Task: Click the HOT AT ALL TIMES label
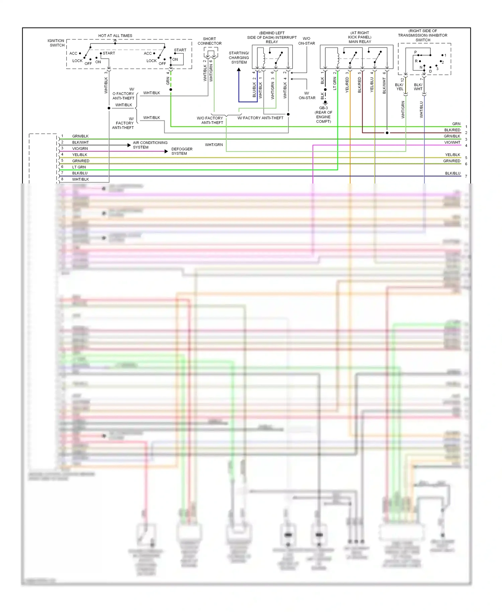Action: (115, 35)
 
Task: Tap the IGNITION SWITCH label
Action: (56, 43)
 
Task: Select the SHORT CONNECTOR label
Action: (210, 41)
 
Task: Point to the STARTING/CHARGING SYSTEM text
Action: (239, 58)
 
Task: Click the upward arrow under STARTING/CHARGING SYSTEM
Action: (239, 70)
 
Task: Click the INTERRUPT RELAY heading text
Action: (272, 37)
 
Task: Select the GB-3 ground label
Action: (323, 108)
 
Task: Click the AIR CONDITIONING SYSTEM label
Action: (150, 145)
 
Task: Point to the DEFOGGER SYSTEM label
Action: (182, 151)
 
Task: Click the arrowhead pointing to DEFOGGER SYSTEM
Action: (166, 151)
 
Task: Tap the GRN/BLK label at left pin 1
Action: (80, 136)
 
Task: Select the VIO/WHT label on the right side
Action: (452, 142)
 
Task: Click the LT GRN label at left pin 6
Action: (79, 167)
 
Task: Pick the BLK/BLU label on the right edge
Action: (452, 173)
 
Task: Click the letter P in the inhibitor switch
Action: (416, 52)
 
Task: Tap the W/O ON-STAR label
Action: (307, 41)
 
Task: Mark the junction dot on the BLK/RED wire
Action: (387, 133)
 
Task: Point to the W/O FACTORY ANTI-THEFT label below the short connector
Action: (210, 120)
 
